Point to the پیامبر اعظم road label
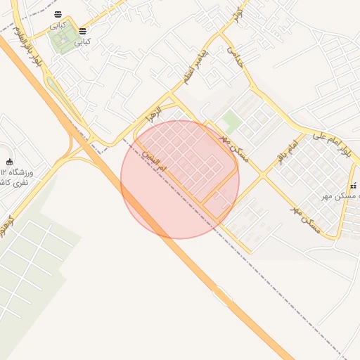pyautogui.click(x=193, y=67)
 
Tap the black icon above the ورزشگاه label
pyautogui.click(x=9, y=163)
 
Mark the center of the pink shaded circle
pyautogui.click(x=180, y=180)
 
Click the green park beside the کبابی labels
pyautogui.click(x=62, y=39)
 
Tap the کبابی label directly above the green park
pyautogui.click(x=58, y=25)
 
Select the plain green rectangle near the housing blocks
pyautogui.click(x=231, y=121)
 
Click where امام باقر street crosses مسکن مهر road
pyautogui.click(x=264, y=175)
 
